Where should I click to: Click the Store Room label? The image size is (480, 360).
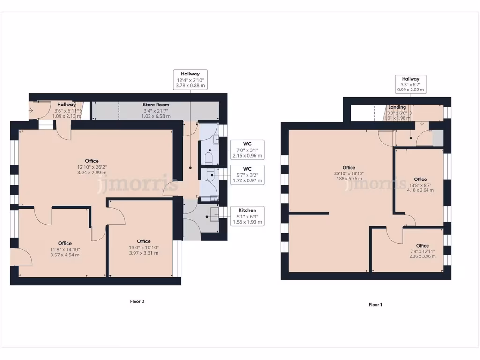pyautogui.click(x=156, y=105)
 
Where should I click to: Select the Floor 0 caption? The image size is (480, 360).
pyautogui.click(x=137, y=301)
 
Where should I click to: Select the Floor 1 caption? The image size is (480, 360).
pyautogui.click(x=375, y=305)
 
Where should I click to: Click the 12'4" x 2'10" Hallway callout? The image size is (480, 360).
pyautogui.click(x=190, y=80)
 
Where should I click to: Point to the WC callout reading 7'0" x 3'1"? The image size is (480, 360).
pyautogui.click(x=247, y=150)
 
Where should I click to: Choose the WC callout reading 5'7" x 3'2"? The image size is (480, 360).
pyautogui.click(x=247, y=174)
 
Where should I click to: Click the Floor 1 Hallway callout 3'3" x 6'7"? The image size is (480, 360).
pyautogui.click(x=410, y=84)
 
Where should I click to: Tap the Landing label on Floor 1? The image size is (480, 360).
pyautogui.click(x=397, y=107)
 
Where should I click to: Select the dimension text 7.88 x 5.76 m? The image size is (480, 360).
pyautogui.click(x=348, y=179)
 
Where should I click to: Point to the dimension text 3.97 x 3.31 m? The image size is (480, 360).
pyautogui.click(x=143, y=253)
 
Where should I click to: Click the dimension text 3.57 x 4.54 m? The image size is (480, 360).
pyautogui.click(x=65, y=255)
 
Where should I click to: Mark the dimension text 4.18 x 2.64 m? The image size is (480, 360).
pyautogui.click(x=420, y=190)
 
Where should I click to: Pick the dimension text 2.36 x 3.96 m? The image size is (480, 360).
pyautogui.click(x=422, y=256)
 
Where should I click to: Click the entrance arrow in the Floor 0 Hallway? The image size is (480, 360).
pyautogui.click(x=31, y=111)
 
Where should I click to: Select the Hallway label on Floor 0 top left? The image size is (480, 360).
pyautogui.click(x=67, y=105)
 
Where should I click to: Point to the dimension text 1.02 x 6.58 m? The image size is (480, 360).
pyautogui.click(x=156, y=116)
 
